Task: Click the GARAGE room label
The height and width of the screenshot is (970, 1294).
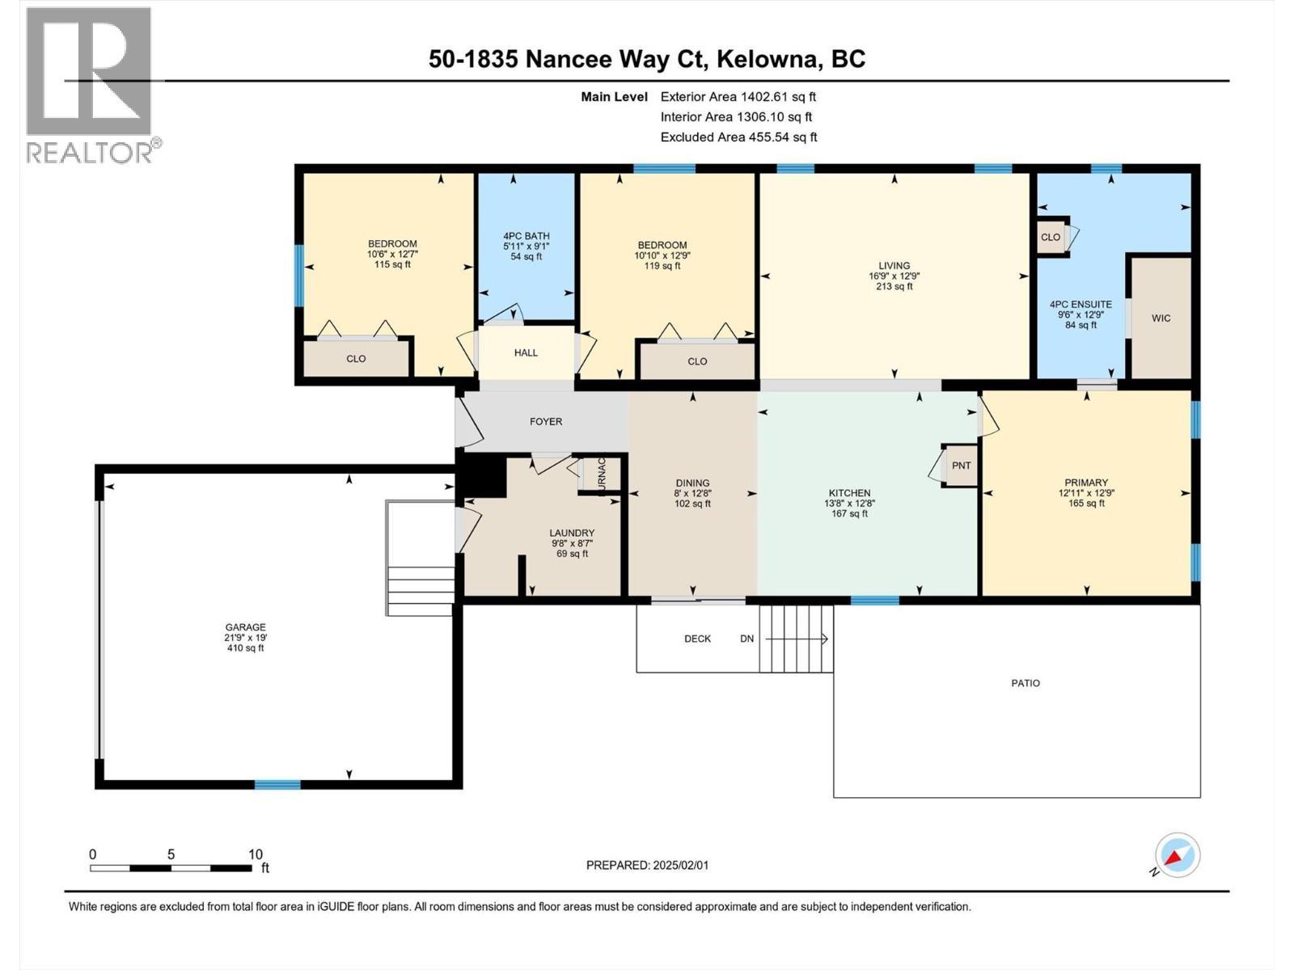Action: (x=245, y=627)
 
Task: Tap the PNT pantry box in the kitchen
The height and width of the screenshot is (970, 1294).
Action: (x=961, y=466)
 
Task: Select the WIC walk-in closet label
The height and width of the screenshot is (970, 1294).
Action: (x=1161, y=318)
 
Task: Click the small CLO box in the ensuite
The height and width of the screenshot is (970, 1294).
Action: (x=1051, y=237)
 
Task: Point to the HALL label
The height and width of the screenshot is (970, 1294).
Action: (x=526, y=353)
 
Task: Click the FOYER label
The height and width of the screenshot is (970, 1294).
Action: (x=546, y=422)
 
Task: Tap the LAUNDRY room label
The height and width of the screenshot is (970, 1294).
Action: (x=572, y=533)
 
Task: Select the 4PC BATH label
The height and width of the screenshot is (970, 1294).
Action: (x=526, y=236)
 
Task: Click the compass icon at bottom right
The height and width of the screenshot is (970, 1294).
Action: (x=1177, y=855)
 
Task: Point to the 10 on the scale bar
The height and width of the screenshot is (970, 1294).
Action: (x=256, y=854)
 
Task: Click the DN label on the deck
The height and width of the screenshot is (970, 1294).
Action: (x=746, y=639)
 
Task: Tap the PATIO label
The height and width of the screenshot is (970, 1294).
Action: (x=1025, y=683)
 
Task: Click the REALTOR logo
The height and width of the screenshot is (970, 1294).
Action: (x=89, y=85)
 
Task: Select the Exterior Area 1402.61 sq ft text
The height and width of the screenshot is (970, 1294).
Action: (x=738, y=96)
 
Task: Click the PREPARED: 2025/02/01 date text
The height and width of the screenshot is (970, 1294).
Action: (x=647, y=865)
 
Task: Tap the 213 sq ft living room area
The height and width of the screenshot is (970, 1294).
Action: (x=894, y=286)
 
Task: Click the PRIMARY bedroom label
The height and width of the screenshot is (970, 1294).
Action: (x=1086, y=483)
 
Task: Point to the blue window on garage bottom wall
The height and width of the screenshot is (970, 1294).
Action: (x=277, y=784)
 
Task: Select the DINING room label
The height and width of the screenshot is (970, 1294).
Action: (x=692, y=483)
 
